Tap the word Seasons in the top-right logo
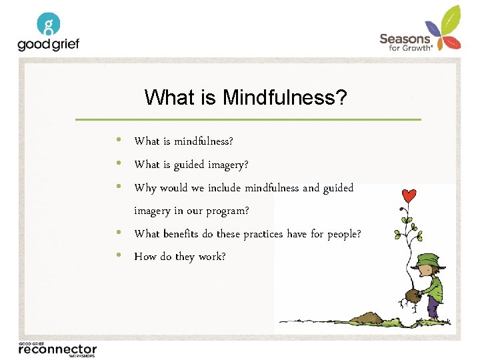(x=405, y=39)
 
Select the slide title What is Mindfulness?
(x=245, y=98)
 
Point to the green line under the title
(x=248, y=119)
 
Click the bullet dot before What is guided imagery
(x=118, y=163)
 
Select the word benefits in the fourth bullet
(x=181, y=234)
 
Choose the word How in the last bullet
(x=144, y=257)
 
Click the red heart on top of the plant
(x=409, y=197)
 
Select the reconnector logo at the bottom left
(x=57, y=349)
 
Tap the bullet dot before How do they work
(x=118, y=255)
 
